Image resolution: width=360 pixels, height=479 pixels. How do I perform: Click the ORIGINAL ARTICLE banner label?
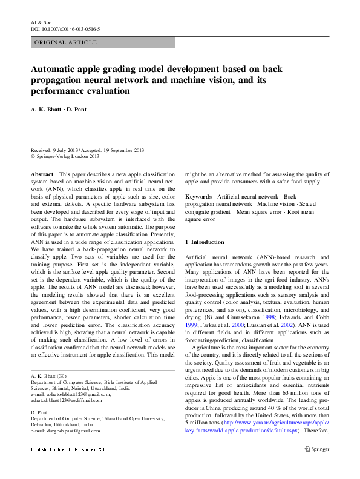coord(66,42)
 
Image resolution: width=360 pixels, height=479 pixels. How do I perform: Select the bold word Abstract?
coord(42,174)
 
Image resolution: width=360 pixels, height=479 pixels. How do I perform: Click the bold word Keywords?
coord(198,197)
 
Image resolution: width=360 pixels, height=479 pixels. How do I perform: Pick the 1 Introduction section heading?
coord(205,242)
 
